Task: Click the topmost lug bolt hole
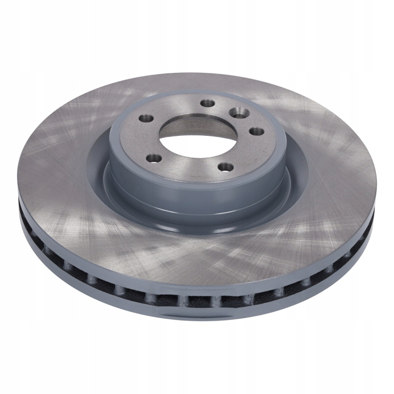(x=208, y=103)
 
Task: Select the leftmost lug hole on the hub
(x=147, y=118)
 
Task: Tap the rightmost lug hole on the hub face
(x=256, y=131)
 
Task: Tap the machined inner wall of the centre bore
(x=215, y=127)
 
